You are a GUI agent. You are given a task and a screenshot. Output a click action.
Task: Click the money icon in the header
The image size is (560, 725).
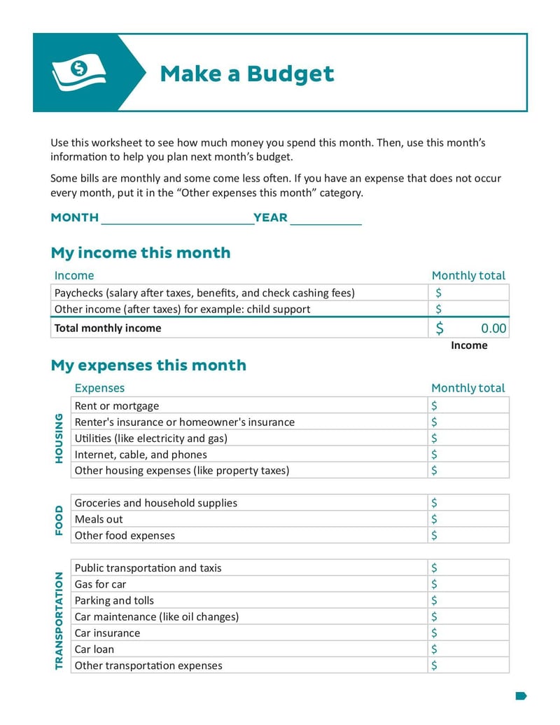point(78,73)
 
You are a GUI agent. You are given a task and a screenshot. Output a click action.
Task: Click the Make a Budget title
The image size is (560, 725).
point(247,74)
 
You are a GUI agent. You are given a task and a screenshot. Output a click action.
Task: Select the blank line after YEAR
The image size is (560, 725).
point(325,219)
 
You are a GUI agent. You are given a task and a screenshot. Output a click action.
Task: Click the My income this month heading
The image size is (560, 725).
point(140,253)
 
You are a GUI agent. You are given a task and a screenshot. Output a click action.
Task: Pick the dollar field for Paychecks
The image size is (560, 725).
point(468,293)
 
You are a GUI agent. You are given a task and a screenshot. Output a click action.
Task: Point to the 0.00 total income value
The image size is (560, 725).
point(493,329)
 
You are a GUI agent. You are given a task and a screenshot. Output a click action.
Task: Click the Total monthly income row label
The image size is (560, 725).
point(108,328)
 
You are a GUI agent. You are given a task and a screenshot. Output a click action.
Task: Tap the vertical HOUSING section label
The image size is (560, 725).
point(59,438)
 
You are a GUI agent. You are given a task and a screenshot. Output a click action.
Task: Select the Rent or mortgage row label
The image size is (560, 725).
point(117,406)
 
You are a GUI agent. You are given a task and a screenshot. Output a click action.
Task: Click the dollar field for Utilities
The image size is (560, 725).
point(468,439)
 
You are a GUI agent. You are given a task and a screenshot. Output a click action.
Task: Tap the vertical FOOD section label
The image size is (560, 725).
point(59,520)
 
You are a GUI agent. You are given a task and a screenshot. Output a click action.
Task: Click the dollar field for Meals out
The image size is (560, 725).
point(468,519)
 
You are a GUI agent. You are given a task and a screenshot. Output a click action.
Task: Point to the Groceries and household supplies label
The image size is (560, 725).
point(156,503)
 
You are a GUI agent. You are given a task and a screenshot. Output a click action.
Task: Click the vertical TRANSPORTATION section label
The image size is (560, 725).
point(59,616)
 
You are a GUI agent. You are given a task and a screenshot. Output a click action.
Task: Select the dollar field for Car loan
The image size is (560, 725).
point(468,649)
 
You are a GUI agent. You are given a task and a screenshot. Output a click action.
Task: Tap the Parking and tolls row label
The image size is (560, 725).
point(114,600)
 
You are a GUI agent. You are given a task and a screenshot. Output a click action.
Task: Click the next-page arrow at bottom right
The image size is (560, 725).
point(521,696)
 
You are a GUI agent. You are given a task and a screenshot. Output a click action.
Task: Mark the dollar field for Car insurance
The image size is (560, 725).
point(468,633)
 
